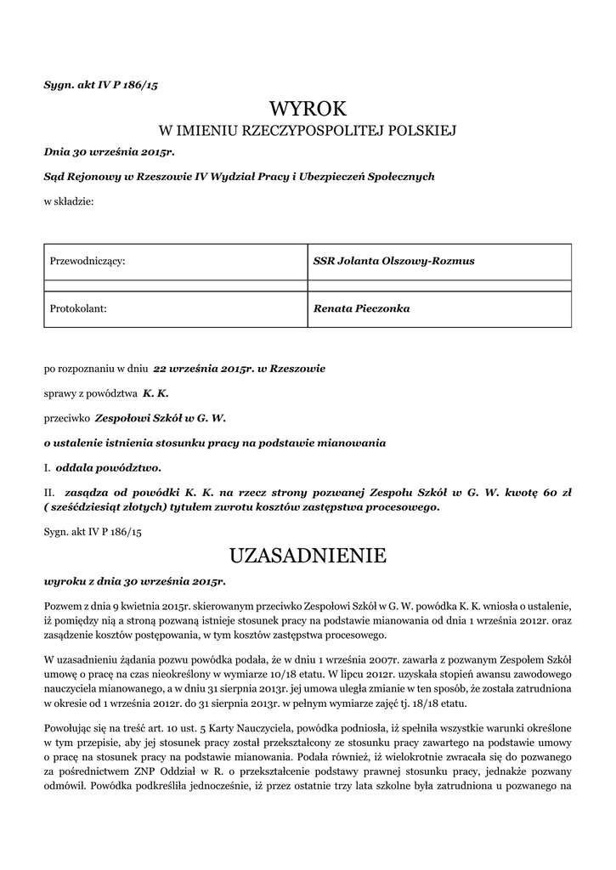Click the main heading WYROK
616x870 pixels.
308,108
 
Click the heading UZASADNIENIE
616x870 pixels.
308,556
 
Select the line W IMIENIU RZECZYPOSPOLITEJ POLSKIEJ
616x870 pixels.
308,131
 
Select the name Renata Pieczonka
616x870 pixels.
362,308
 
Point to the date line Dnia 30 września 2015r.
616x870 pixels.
109,152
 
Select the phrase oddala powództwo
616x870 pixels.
108,467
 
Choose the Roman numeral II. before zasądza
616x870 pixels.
49,492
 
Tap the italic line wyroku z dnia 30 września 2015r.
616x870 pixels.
134,582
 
